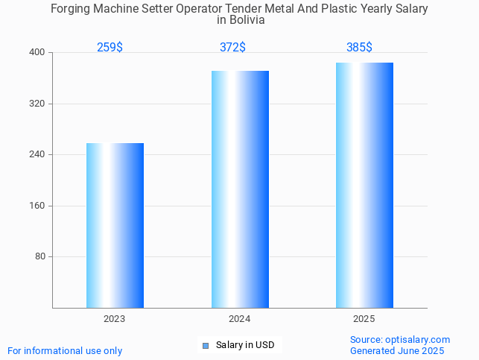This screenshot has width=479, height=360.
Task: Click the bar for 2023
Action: (115, 225)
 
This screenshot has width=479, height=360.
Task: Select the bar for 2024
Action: (240, 189)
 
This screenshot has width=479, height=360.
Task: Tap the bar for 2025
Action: (364, 185)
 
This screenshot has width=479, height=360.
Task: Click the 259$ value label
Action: (110, 48)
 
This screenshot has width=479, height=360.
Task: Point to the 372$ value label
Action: (232, 48)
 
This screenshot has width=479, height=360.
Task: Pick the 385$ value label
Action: (359, 48)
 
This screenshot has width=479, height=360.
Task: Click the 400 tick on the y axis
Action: (37, 53)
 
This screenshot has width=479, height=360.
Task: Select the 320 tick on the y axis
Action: (37, 104)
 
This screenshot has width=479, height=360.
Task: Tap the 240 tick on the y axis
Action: (37, 155)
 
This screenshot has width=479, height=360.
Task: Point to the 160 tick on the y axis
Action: (37, 206)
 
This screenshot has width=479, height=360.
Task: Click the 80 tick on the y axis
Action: (39, 257)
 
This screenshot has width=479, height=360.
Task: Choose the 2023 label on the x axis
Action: (115, 319)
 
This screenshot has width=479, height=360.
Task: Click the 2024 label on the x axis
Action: (240, 319)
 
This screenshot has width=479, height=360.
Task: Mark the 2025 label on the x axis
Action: (364, 319)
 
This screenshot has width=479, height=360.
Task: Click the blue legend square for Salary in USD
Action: (206, 345)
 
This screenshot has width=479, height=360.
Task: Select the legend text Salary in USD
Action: (245, 345)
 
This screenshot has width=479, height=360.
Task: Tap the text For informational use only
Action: (65, 351)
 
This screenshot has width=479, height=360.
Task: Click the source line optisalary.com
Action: (400, 340)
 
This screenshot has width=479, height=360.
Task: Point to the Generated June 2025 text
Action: (397, 351)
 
